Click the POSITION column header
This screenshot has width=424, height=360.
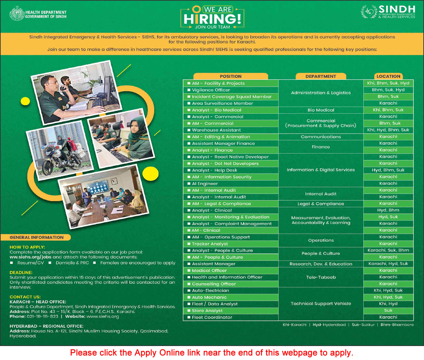pos(231,76)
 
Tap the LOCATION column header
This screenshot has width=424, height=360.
pos(388,76)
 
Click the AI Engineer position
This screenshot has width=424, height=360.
pos(205,184)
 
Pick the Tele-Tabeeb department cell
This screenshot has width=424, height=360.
pos(321,277)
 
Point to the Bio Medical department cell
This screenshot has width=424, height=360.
pos(321,110)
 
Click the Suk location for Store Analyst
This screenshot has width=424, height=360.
pos(388,311)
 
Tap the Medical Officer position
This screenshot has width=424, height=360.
pos(209,271)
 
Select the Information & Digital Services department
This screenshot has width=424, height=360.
pos(321,170)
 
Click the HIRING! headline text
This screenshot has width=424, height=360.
pos(213,19)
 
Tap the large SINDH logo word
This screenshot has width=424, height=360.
pos(397,9)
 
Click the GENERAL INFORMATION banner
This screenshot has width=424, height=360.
pos(37,238)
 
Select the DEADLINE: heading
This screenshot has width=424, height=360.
pos(21,273)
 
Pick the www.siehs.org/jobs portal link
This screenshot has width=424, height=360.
pos(31,257)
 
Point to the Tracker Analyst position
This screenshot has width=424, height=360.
pos(210,244)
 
